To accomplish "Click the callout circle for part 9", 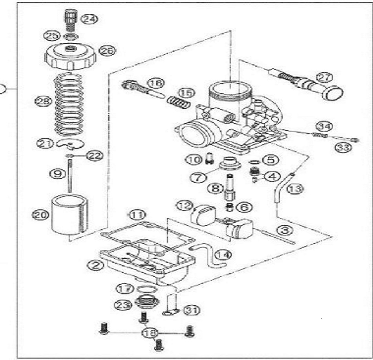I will [57, 173].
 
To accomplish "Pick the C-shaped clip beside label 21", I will [70, 144].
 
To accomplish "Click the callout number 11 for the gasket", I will [137, 215].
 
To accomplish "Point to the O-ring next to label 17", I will [146, 289].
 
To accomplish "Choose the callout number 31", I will [192, 310].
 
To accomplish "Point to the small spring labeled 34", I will [320, 135].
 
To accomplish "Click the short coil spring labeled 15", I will [179, 102].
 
